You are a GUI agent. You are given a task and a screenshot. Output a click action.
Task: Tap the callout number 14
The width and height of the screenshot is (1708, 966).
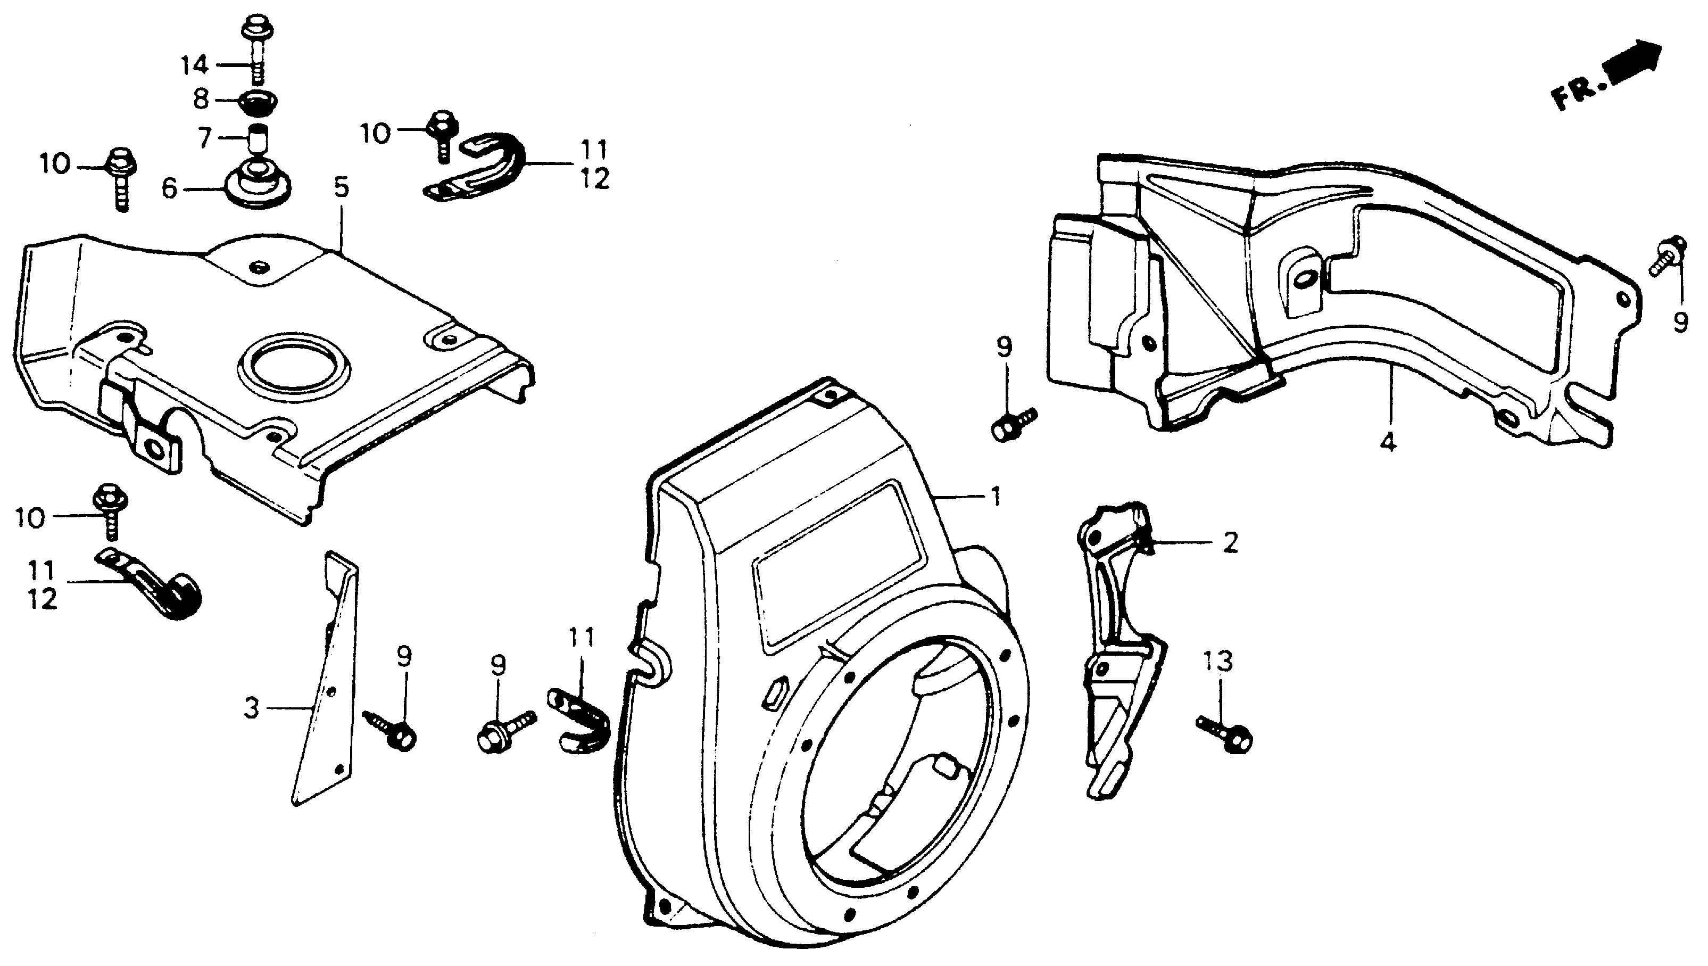[x=195, y=65]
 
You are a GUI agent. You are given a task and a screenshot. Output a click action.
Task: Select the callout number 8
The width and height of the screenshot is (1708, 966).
[x=201, y=100]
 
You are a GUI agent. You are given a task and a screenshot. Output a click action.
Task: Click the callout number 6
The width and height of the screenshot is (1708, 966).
[x=170, y=190]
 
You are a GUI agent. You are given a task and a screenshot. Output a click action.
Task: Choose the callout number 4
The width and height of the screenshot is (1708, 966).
[x=1388, y=441]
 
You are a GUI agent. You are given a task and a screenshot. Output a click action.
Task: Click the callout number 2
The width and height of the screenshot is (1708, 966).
[x=1230, y=543]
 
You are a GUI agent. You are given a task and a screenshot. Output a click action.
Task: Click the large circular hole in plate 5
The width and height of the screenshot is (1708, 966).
[x=293, y=372]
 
